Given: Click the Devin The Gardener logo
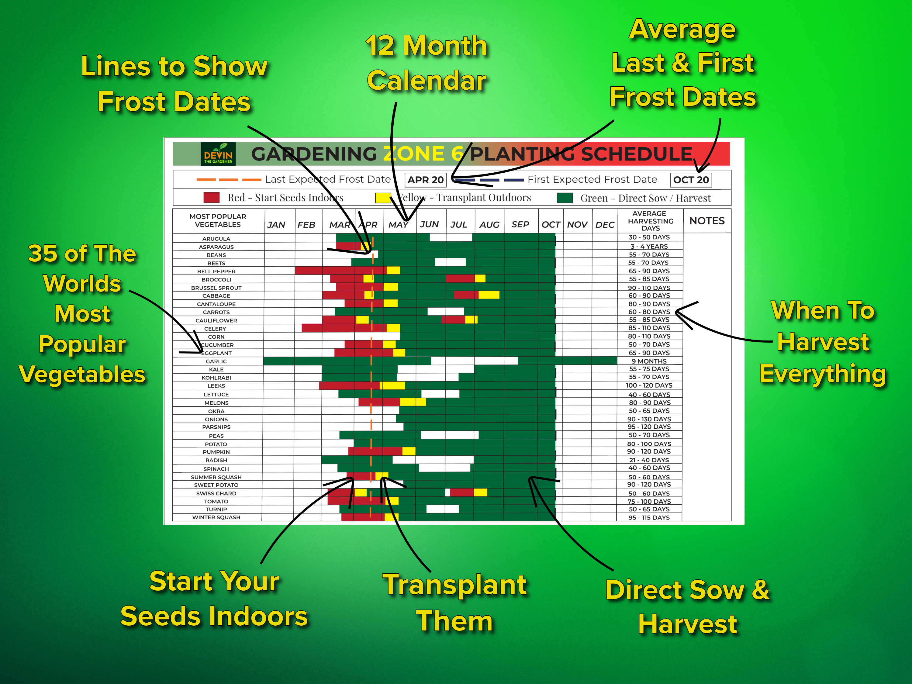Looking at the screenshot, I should point(218,154).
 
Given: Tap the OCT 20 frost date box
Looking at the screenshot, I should point(691,180).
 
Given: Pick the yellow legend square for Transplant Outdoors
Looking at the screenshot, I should point(383,198).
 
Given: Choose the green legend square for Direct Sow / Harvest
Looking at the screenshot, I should point(565,198).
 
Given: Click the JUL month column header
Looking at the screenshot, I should point(458,224).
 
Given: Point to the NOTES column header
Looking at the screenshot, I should point(707,221).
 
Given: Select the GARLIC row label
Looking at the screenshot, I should point(216,361).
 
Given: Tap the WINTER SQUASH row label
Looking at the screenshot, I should point(216,517).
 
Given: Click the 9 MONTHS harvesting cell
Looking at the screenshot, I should point(649,361).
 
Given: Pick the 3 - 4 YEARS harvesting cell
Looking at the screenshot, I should point(649,246).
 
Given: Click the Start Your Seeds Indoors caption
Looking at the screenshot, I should point(214,599).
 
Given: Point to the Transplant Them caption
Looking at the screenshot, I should point(455,603).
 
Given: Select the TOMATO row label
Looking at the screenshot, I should point(216,501).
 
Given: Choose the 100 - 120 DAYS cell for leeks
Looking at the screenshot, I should point(649,385).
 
